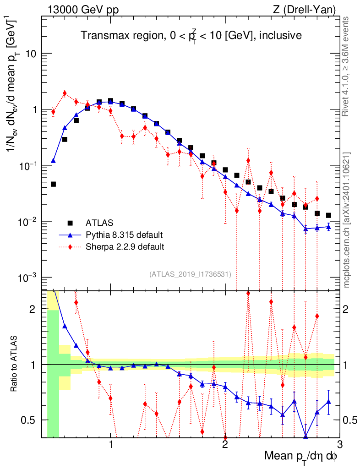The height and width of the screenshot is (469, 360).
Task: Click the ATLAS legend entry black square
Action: pyautogui.click(x=70, y=223)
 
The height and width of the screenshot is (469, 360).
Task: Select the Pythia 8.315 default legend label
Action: pyautogui.click(x=124, y=235)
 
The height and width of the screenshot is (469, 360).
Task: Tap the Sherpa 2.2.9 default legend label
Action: pyautogui.click(x=125, y=246)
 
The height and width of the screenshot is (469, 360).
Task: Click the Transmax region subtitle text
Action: pyautogui.click(x=191, y=35)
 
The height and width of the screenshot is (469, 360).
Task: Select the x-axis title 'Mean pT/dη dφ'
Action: pyautogui.click(x=301, y=456)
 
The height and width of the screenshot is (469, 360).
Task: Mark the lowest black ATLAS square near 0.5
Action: pyautogui.click(x=53, y=184)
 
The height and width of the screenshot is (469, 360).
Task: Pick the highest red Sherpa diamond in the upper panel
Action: pyautogui.click(x=65, y=93)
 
